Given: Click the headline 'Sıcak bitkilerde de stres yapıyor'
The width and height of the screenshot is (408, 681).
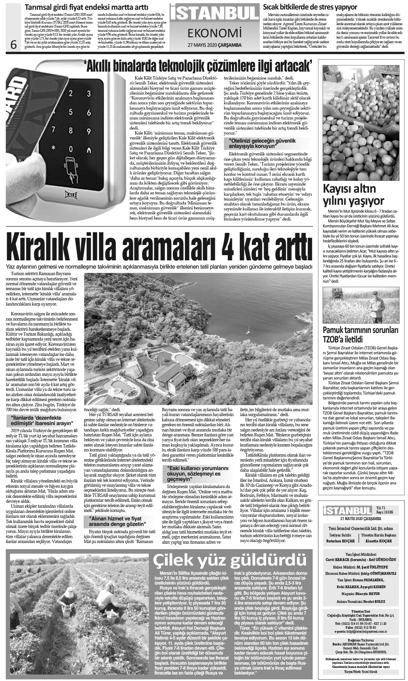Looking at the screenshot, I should tap(310, 7).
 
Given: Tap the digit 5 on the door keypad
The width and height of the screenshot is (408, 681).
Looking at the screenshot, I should tap(89, 112).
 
